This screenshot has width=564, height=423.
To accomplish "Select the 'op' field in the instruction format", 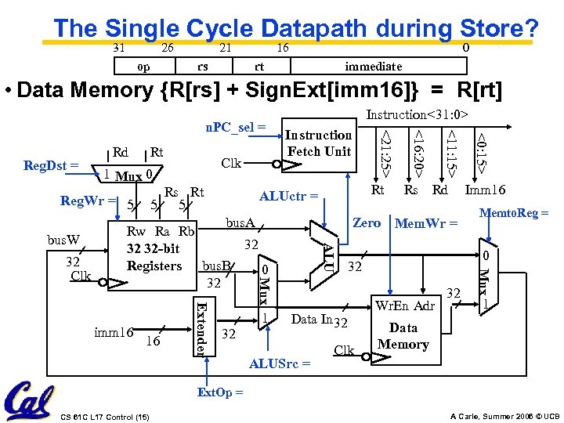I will pyautogui.click(x=144, y=67).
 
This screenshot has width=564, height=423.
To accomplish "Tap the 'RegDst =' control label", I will pyautogui.click(x=51, y=165).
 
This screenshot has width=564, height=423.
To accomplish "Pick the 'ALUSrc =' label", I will pyautogui.click(x=279, y=363).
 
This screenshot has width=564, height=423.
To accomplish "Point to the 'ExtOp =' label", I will pyautogui.click(x=219, y=392).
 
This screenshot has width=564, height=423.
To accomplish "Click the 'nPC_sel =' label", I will pyautogui.click(x=236, y=125).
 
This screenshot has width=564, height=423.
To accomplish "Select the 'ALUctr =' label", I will pyautogui.click(x=288, y=196).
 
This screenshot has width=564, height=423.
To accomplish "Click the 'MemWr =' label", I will pyautogui.click(x=425, y=223).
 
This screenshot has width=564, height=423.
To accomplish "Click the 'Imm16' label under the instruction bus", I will pyautogui.click(x=486, y=190).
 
